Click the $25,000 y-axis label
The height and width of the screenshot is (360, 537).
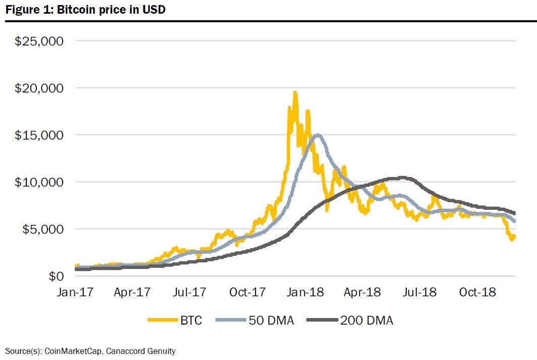tap(39, 41)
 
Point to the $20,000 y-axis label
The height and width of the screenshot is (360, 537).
tap(39, 88)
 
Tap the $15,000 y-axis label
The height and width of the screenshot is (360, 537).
tap(39, 135)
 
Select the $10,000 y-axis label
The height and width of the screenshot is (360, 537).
tap(39, 182)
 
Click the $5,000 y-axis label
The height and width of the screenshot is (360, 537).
tap(42, 229)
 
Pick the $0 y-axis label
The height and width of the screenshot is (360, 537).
tap(55, 276)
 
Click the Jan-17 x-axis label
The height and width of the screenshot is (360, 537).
tap(75, 292)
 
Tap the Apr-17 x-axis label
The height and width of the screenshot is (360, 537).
tap(132, 292)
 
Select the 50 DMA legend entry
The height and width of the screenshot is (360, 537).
tap(263, 320)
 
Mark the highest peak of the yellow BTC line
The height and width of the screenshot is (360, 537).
tap(295, 93)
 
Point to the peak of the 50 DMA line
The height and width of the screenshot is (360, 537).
tap(317, 134)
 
